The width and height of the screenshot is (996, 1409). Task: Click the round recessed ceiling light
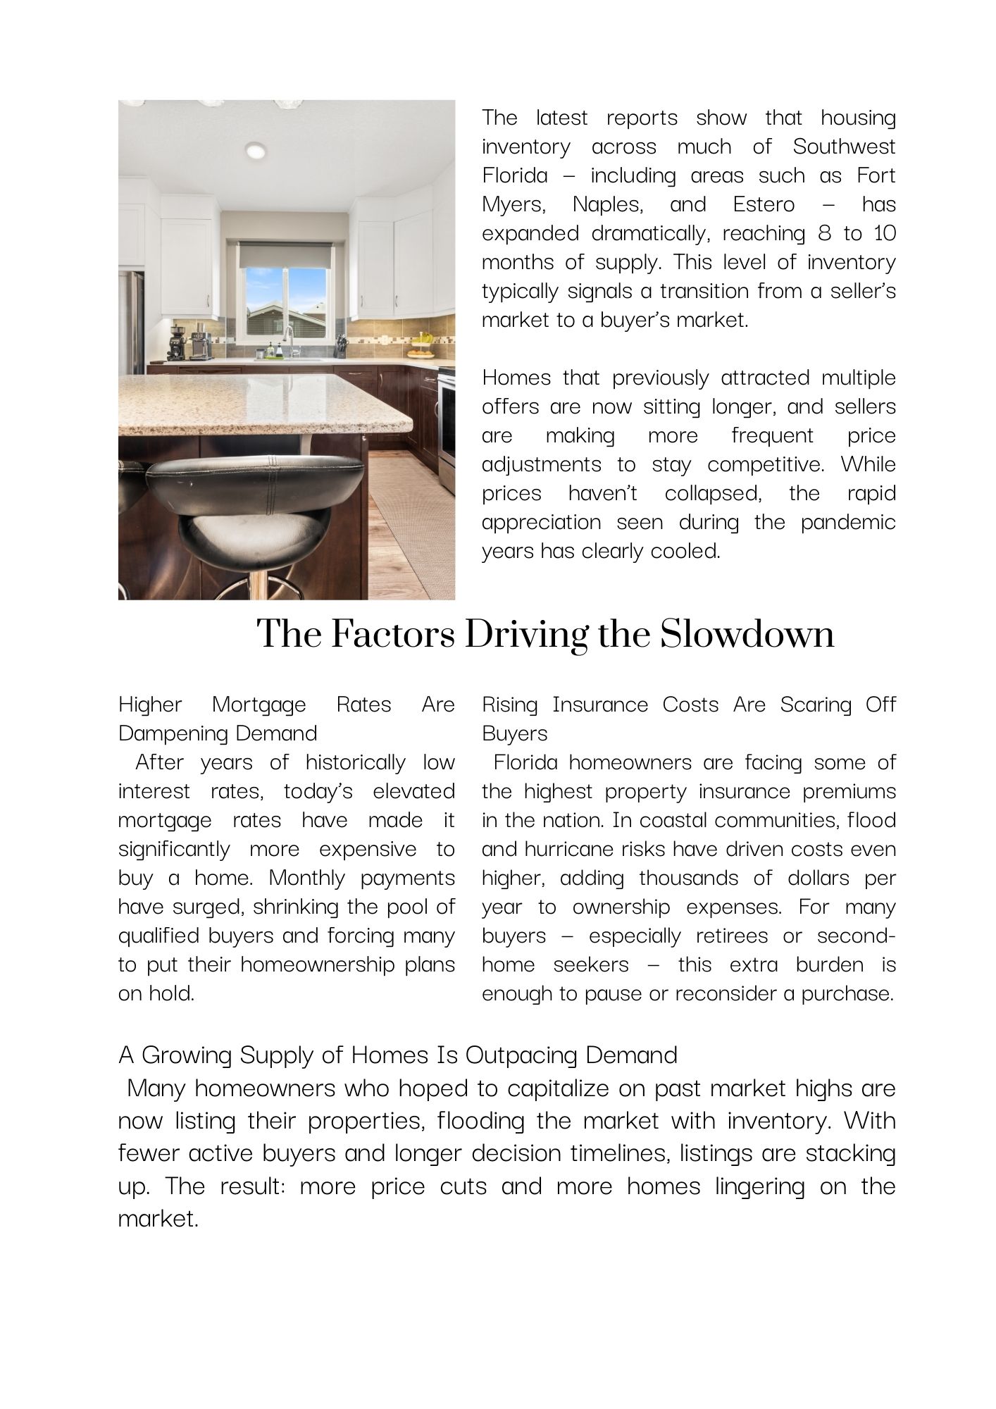click(x=256, y=150)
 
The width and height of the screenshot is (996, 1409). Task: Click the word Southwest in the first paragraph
click(x=844, y=147)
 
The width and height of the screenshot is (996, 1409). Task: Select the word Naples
click(x=606, y=204)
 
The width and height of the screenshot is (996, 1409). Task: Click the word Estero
click(x=764, y=204)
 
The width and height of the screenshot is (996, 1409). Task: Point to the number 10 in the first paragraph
click(x=885, y=233)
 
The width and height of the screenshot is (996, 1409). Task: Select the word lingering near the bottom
click(x=759, y=1186)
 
